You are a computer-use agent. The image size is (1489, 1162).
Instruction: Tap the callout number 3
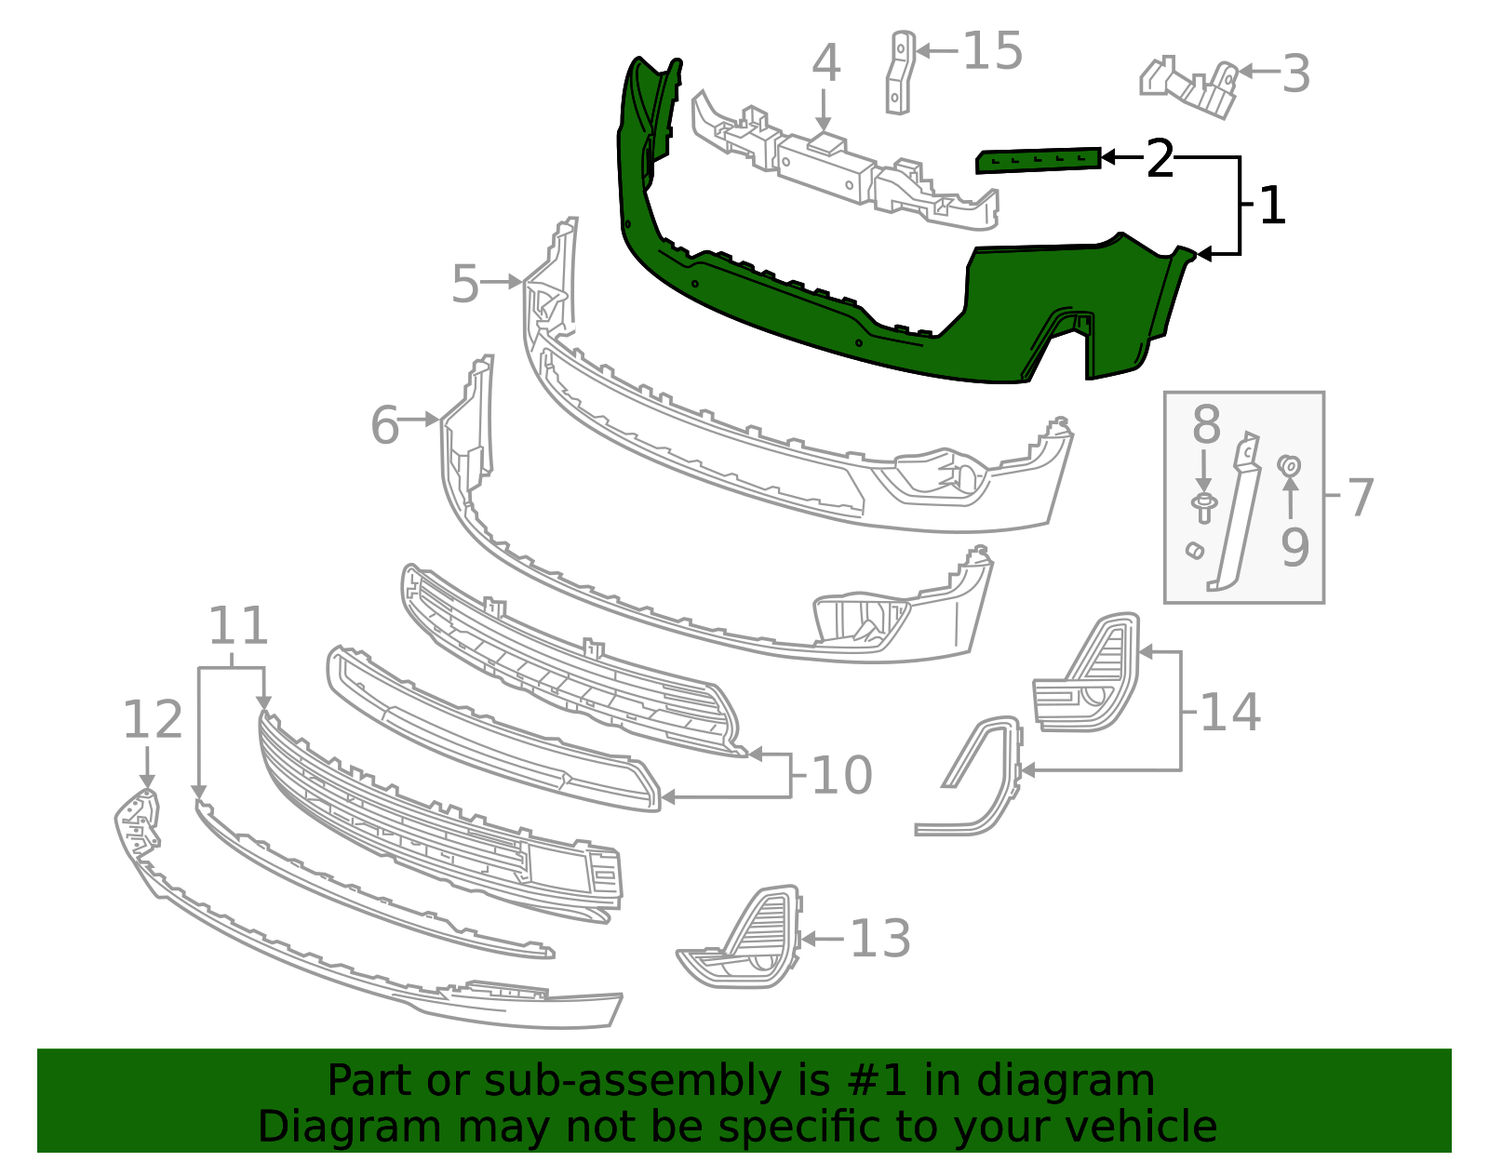[x=1296, y=73]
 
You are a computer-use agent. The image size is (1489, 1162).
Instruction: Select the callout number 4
[x=825, y=63]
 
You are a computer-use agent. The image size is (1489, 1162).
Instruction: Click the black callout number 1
[x=1272, y=206]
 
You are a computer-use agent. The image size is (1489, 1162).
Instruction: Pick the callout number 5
[x=465, y=284]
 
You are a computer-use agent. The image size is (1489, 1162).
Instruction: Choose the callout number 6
[x=385, y=425]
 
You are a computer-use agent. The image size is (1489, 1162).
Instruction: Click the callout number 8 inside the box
[x=1206, y=425]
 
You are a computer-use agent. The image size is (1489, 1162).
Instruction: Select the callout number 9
[x=1294, y=546]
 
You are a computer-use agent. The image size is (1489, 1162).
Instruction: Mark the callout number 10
[x=842, y=774]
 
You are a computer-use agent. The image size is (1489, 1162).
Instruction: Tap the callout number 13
[x=880, y=939]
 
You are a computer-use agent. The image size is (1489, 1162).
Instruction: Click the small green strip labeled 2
[x=1038, y=160]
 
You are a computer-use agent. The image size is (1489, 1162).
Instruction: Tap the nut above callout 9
[x=1289, y=464]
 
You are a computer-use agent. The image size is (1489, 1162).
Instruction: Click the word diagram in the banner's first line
[x=1085, y=1081]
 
